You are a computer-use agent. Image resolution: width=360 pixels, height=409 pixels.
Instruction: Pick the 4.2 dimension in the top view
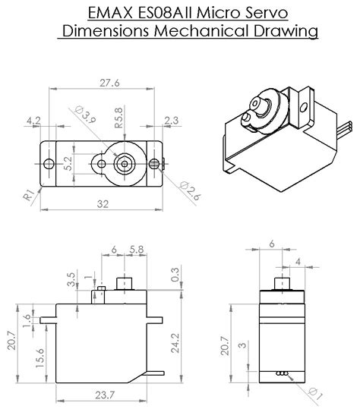coord(33,120)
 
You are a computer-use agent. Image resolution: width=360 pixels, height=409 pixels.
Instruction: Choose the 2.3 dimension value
coord(172,120)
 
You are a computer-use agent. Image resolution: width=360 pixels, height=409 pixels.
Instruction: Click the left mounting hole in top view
coord(50,164)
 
